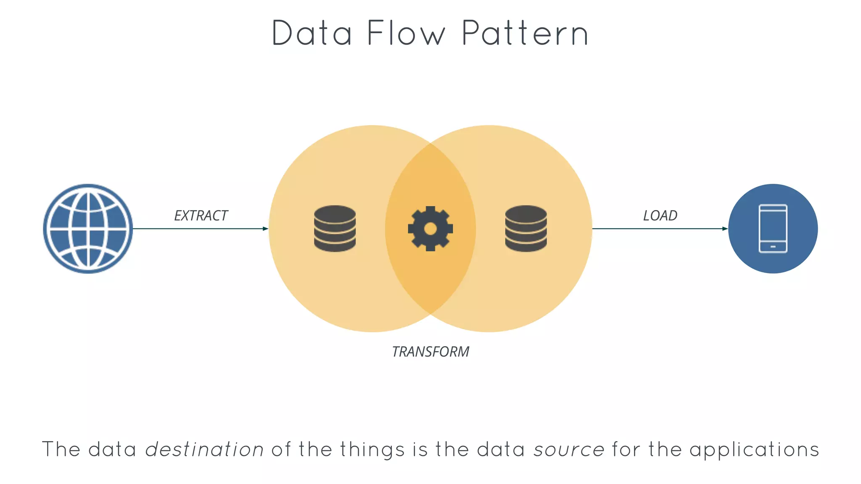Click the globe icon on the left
(x=88, y=229)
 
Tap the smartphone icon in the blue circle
(x=773, y=229)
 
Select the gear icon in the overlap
(x=430, y=229)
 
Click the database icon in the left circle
(x=335, y=229)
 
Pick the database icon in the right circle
(x=526, y=229)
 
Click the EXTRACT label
(x=201, y=216)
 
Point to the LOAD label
(x=660, y=216)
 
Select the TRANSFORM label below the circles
(x=430, y=352)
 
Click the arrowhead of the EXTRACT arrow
(x=265, y=229)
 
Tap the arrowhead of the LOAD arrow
(x=725, y=229)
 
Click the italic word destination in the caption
(x=204, y=449)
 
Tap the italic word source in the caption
(x=569, y=449)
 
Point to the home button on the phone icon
(x=773, y=247)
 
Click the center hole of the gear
(x=430, y=229)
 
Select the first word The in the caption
(x=61, y=449)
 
